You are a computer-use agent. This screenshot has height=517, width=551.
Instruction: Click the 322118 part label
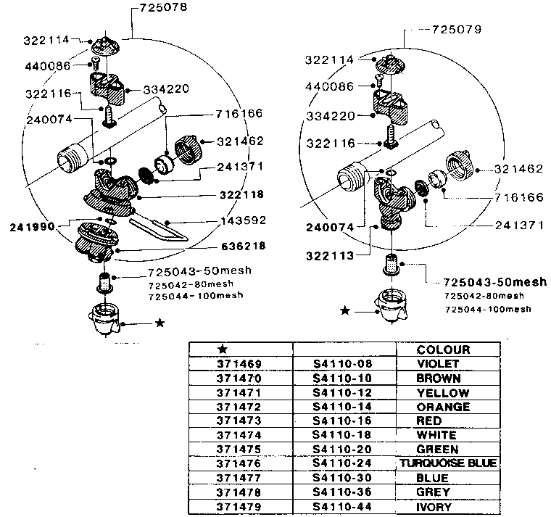[239, 194]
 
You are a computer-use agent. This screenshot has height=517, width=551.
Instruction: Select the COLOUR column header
[444, 350]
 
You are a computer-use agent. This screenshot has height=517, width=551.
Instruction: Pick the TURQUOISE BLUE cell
[448, 463]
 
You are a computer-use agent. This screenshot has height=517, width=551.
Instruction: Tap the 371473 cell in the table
[239, 421]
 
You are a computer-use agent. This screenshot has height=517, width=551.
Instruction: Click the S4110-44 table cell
[343, 507]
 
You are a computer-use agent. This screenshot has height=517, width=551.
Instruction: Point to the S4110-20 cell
[343, 449]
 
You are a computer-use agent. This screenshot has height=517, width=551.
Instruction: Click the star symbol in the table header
[223, 350]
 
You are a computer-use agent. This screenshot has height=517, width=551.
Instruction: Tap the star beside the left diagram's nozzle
[159, 323]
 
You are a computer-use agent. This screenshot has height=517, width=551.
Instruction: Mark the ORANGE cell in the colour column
[443, 407]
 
